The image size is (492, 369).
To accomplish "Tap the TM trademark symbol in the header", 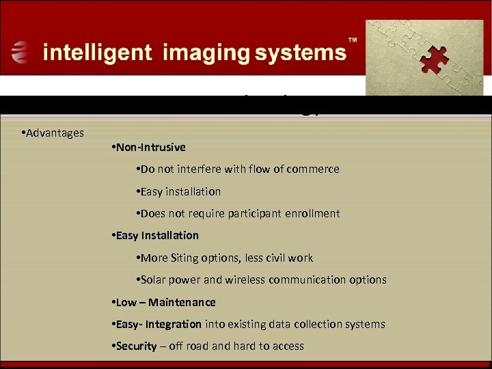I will [353, 41].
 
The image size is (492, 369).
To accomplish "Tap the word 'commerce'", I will [314, 169].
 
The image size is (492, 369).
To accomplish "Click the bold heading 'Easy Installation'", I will [156, 235].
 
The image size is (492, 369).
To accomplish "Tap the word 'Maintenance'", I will [182, 302].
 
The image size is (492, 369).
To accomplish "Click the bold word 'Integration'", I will [174, 324].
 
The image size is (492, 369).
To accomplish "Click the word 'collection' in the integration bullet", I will [331, 324].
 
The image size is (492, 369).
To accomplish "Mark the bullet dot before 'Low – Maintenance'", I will [112, 302].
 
